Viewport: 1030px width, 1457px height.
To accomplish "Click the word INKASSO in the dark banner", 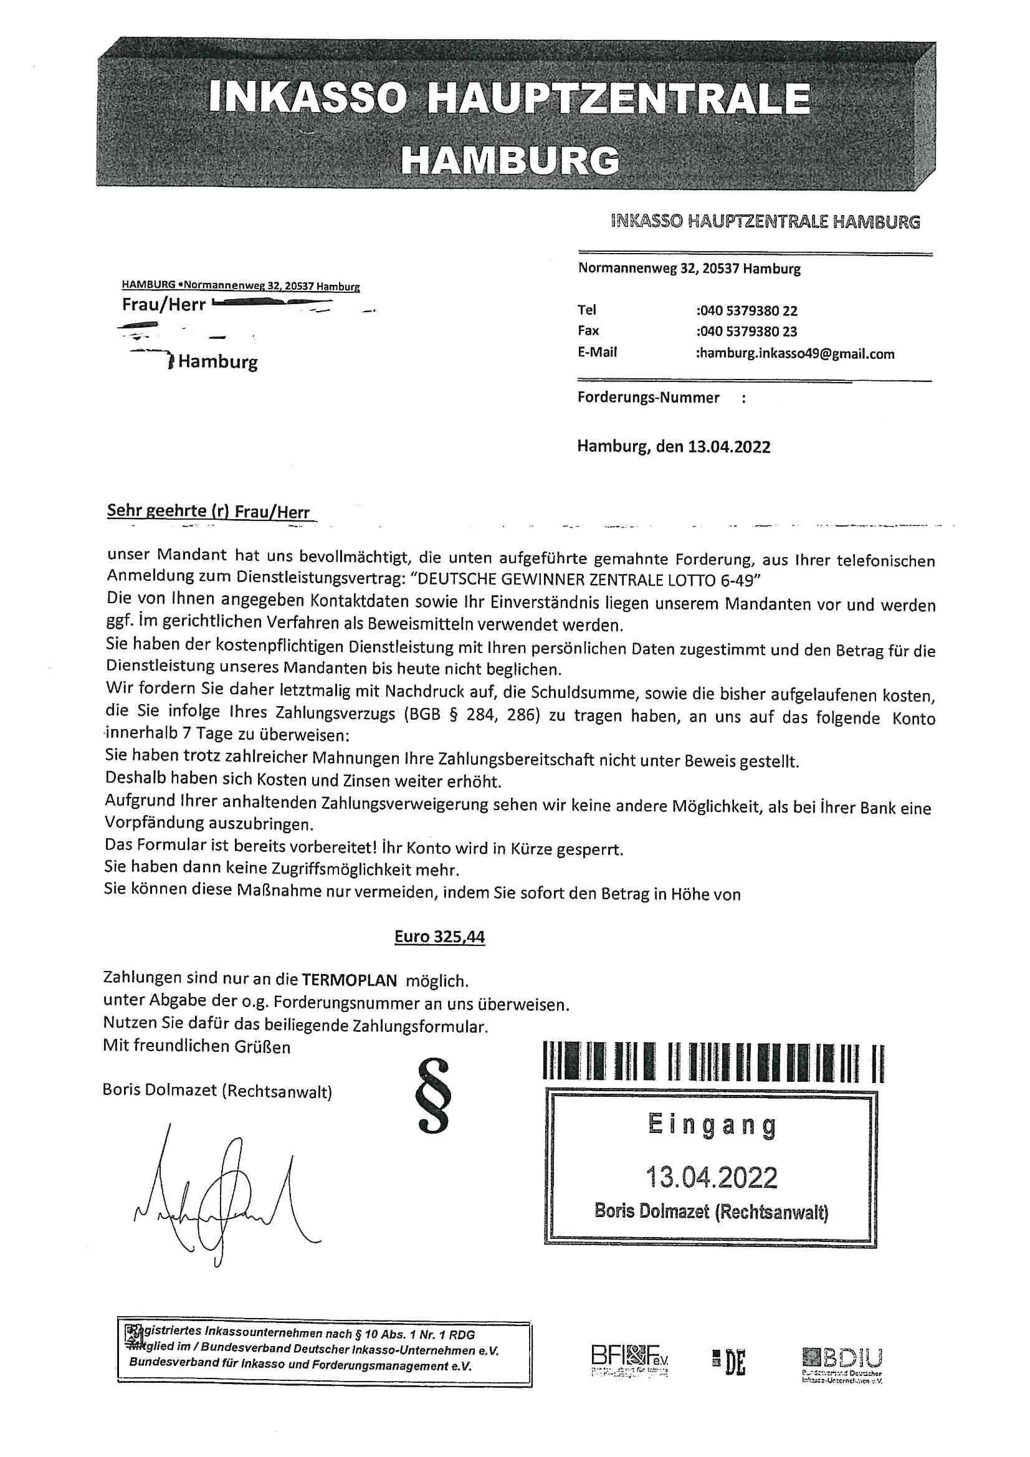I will click(307, 98).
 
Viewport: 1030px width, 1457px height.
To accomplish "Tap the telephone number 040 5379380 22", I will click(747, 311).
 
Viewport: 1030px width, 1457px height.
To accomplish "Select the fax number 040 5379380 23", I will click(747, 332).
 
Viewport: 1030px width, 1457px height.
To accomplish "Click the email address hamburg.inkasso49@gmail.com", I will click(796, 353).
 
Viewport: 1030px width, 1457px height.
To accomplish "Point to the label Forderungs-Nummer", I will click(648, 398).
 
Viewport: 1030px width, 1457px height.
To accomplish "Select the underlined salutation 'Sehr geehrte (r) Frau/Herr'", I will click(208, 511).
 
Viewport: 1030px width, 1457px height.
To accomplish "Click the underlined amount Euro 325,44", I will click(439, 937).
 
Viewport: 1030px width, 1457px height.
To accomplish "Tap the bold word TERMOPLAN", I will click(349, 980).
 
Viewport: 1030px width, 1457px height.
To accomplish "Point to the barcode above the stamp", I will click(713, 1063).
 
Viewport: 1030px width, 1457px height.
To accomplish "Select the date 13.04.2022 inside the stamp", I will click(712, 1177).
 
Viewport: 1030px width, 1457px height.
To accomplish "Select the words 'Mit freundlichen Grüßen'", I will click(197, 1046).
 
